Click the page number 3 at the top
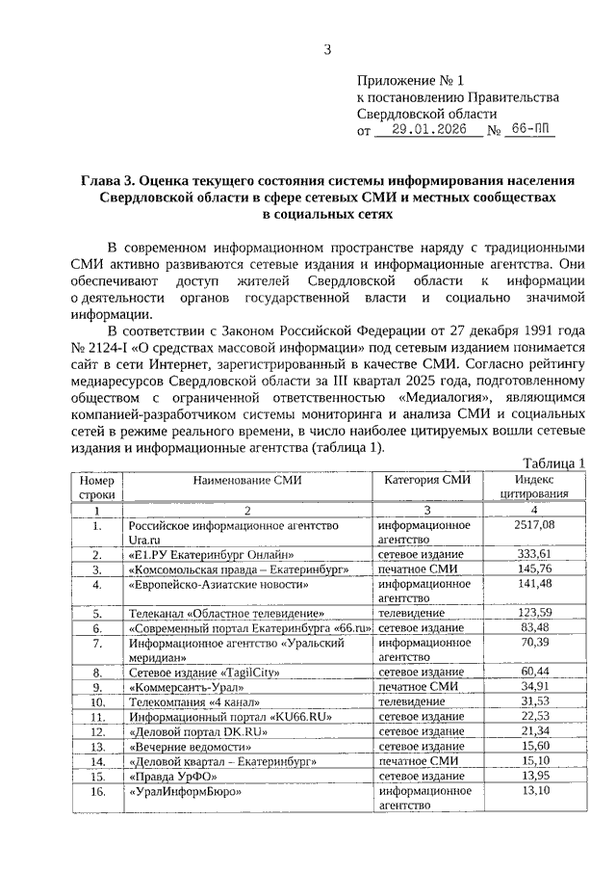pyautogui.click(x=326, y=50)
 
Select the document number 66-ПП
pyautogui.click(x=531, y=131)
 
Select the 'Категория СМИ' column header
pyautogui.click(x=427, y=480)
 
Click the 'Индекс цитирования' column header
pyautogui.click(x=534, y=487)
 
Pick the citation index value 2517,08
pyautogui.click(x=534, y=526)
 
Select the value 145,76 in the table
pyautogui.click(x=534, y=569)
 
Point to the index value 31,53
pyautogui.click(x=534, y=702)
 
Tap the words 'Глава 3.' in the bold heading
pyautogui.click(x=110, y=180)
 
